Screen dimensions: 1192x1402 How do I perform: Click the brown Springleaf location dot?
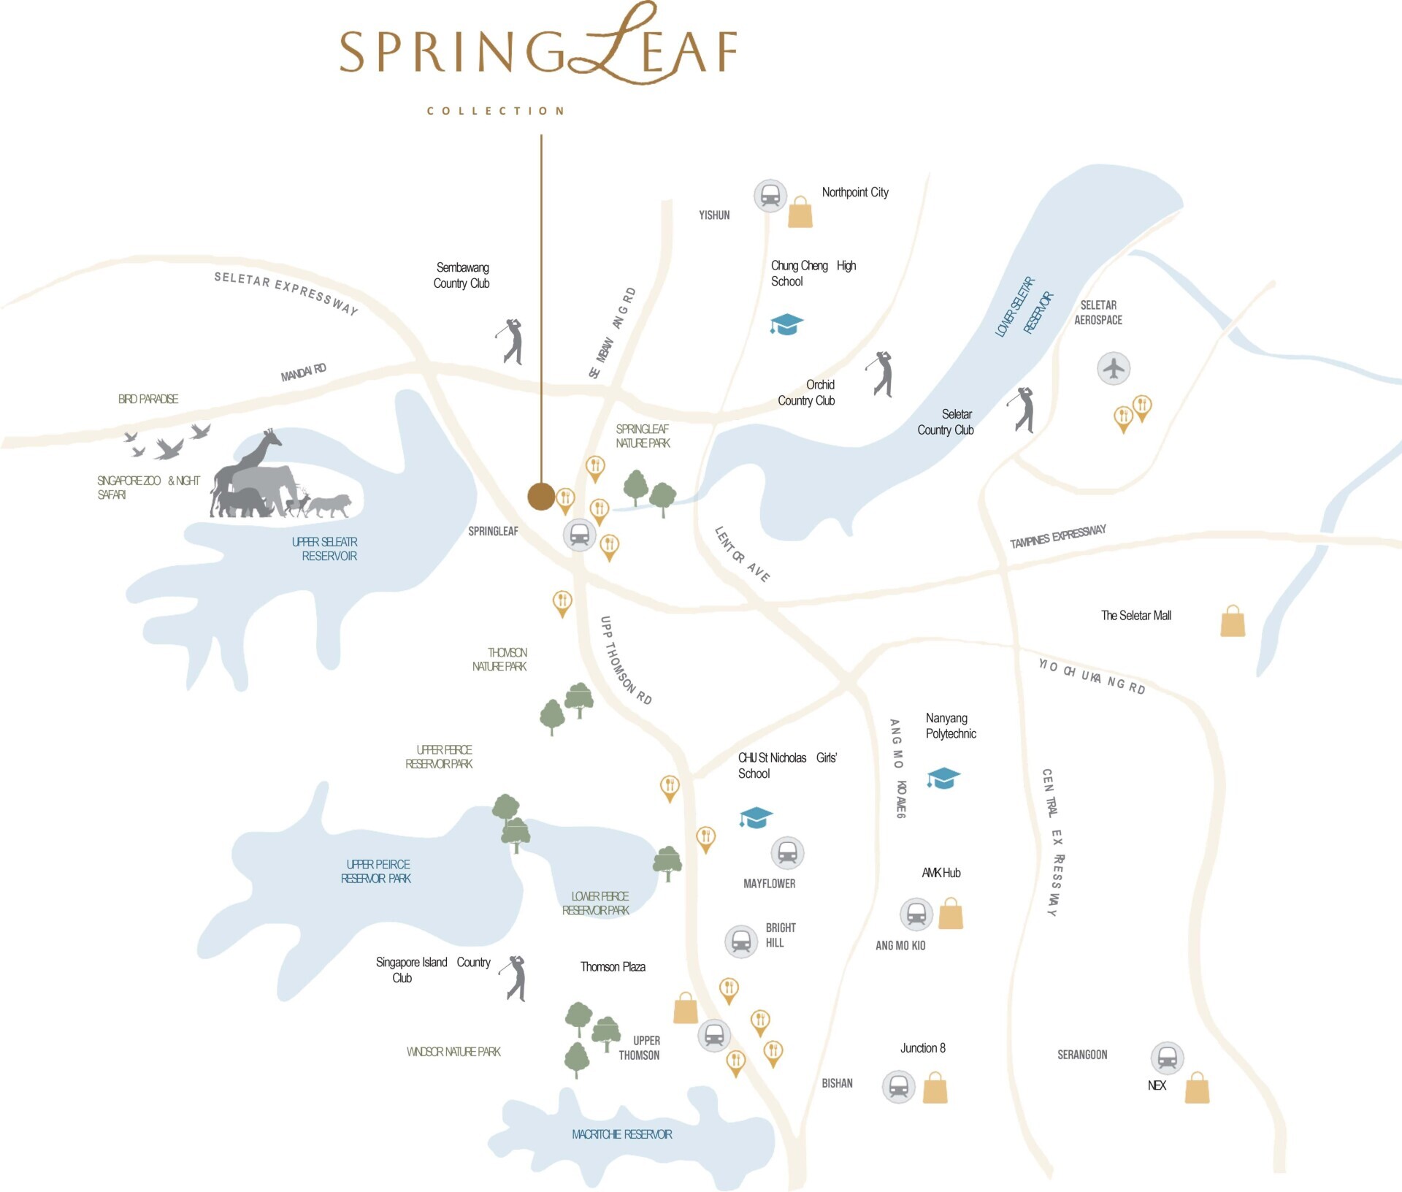pos(541,497)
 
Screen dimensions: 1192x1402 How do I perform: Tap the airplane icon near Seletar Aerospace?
pos(1114,367)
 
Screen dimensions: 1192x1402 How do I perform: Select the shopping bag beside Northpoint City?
pos(800,213)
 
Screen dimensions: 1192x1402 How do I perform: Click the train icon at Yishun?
pos(770,196)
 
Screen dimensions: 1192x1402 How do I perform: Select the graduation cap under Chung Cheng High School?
pos(786,324)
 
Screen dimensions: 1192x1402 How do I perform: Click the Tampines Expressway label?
pos(1057,536)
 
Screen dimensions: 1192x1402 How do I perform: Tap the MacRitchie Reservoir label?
pos(622,1134)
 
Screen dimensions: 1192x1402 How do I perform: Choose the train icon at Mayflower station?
pos(787,852)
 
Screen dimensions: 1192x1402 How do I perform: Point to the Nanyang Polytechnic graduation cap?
pos(943,778)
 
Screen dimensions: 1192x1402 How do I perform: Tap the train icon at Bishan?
pos(898,1087)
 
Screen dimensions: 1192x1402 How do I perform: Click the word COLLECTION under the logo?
pos(496,111)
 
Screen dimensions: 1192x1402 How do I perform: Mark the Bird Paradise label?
pos(148,399)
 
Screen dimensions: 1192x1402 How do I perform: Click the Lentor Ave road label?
pos(742,554)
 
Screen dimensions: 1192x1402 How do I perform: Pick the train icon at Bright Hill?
pos(741,941)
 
